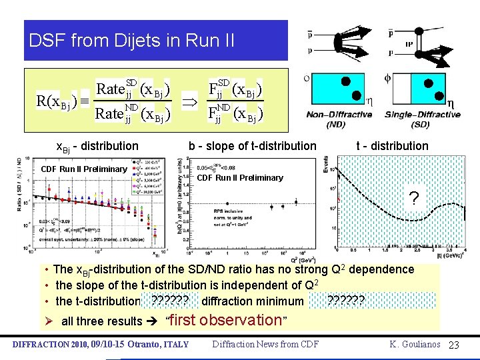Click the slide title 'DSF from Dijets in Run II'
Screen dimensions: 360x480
pos(131,41)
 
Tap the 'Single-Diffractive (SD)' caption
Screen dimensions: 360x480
pos(422,119)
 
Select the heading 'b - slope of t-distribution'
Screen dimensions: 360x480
pos(252,146)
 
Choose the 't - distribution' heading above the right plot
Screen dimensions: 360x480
pos(392,146)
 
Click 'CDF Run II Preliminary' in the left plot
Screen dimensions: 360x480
pos(84,169)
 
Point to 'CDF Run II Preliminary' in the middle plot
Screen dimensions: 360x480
pos(240,177)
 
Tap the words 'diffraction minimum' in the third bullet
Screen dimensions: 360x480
pos(251,301)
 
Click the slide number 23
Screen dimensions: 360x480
pos(455,344)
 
